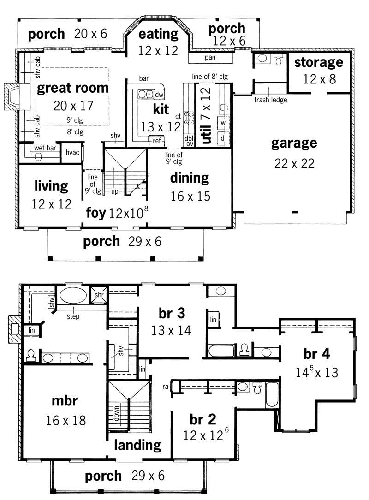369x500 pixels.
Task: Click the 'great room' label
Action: [x=73, y=88]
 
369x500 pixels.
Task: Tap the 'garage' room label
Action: [x=294, y=143]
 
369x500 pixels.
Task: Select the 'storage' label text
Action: [x=319, y=63]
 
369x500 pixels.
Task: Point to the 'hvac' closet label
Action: [x=72, y=152]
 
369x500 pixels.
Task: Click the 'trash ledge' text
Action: [x=270, y=100]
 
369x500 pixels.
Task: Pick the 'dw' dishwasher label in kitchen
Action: [x=159, y=95]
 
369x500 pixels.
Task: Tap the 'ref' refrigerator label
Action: [x=156, y=141]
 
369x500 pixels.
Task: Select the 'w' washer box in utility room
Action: [x=223, y=123]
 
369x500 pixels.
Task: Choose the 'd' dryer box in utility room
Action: [x=223, y=138]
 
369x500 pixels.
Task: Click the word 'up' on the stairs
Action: [x=115, y=191]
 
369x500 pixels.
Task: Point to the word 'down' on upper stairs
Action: [x=116, y=414]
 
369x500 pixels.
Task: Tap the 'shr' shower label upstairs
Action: [x=99, y=295]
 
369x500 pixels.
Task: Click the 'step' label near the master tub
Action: [x=73, y=316]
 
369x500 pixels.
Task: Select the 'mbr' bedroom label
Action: [x=65, y=401]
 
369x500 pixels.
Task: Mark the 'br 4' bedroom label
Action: [x=317, y=354]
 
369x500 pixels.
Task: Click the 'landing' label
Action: [x=137, y=445]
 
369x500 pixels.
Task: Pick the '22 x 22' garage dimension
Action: [x=294, y=164]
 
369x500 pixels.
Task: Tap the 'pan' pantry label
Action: [x=210, y=57]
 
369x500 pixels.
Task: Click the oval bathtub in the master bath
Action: [x=73, y=296]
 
